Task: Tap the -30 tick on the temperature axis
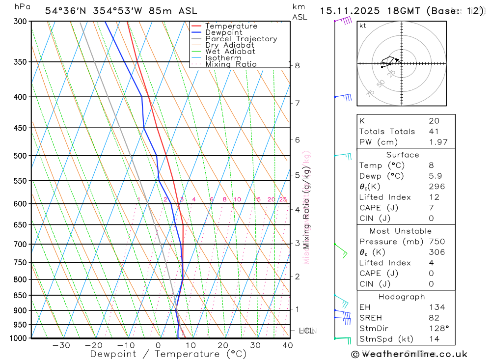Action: pos(61,345)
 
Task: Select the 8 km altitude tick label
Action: pos(298,65)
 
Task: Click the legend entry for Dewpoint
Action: pos(223,32)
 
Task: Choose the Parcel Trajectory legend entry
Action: pos(241,39)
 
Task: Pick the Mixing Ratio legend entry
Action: pos(231,64)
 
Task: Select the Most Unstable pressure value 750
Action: pos(436,242)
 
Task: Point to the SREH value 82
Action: pos(433,318)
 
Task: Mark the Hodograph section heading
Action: pos(402,297)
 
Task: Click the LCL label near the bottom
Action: pos(306,331)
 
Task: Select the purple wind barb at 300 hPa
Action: pos(344,21)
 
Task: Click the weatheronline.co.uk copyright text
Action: pos(409,354)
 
